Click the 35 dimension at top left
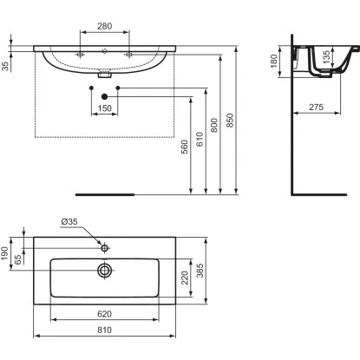click(7, 65)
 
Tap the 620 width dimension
click(105, 313)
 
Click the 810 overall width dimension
click(105, 329)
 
